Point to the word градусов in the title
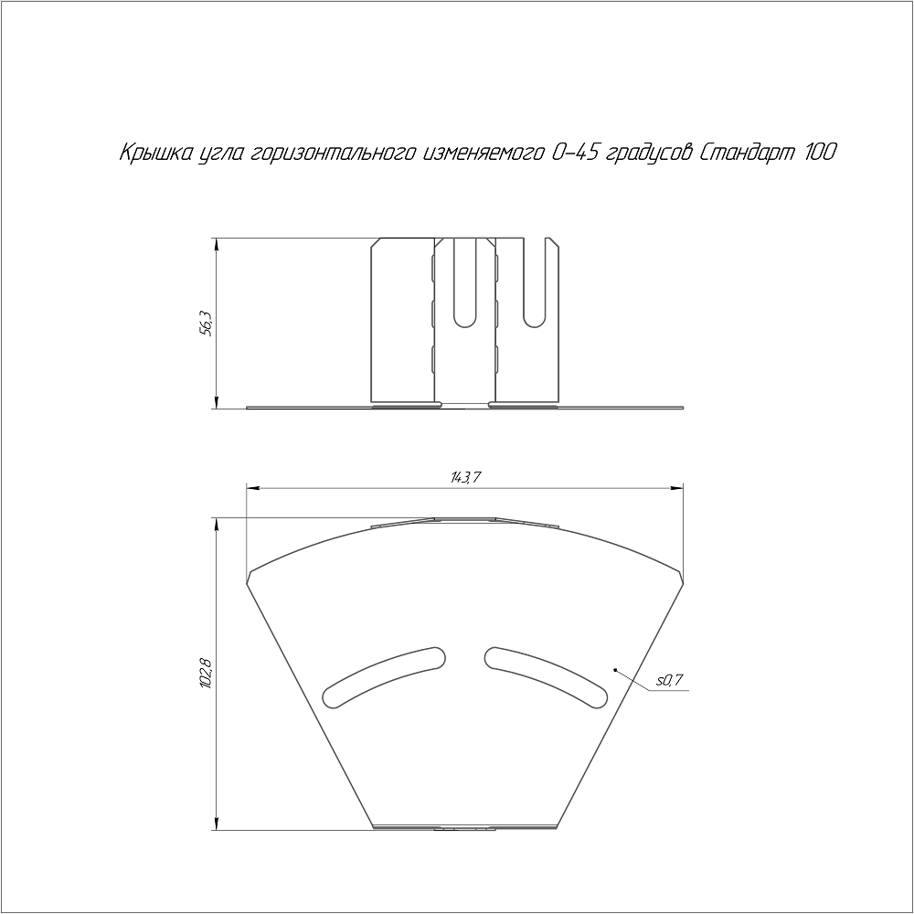(647, 154)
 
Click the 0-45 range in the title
(574, 153)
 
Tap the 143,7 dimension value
(464, 479)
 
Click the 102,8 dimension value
(205, 675)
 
